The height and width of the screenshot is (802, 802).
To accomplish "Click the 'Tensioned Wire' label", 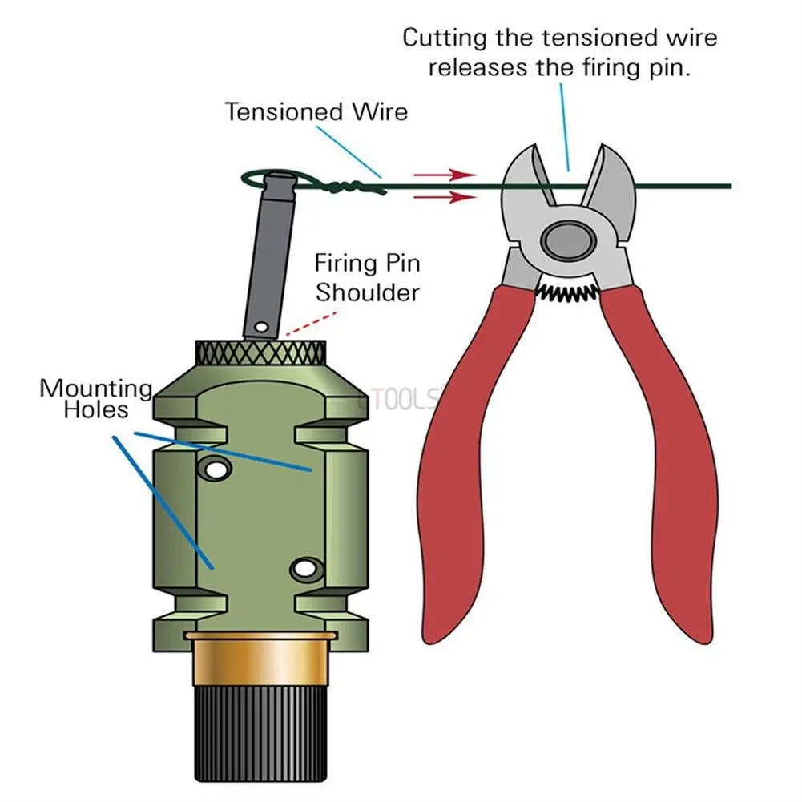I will pyautogui.click(x=316, y=111).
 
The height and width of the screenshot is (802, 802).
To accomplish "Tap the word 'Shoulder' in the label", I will pyautogui.click(x=367, y=292).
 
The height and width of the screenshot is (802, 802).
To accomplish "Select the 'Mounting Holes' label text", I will pyautogui.click(x=95, y=399).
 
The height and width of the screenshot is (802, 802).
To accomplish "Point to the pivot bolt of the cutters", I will pyautogui.click(x=565, y=238).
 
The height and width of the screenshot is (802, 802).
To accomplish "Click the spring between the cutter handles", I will pyautogui.click(x=566, y=293).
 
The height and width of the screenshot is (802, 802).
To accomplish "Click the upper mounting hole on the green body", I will pyautogui.click(x=214, y=469).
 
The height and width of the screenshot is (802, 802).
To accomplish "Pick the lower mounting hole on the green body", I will pyautogui.click(x=304, y=570).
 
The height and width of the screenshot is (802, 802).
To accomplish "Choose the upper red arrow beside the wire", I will pyautogui.click(x=445, y=174).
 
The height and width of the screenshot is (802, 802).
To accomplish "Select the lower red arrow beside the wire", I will pyautogui.click(x=445, y=196).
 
